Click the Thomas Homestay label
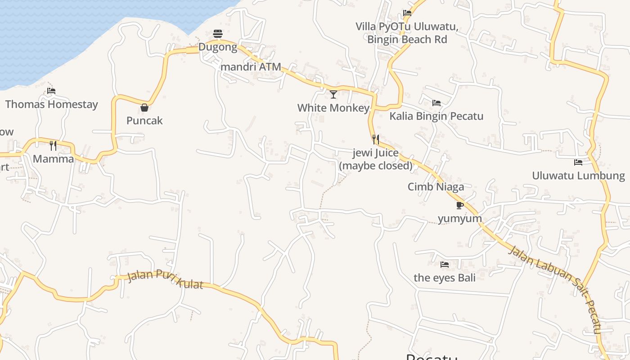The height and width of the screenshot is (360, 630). pyautogui.click(x=51, y=104)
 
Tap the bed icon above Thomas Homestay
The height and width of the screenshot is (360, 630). pyautogui.click(x=51, y=91)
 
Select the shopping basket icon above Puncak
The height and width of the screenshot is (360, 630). pyautogui.click(x=144, y=108)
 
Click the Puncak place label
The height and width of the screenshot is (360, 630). pyautogui.click(x=144, y=121)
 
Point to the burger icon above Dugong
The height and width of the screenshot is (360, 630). pyautogui.click(x=218, y=34)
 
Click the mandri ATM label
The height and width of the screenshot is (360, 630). pyautogui.click(x=251, y=67)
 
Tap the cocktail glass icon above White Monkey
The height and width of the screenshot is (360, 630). pyautogui.click(x=333, y=94)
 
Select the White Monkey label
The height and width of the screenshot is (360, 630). pyautogui.click(x=333, y=108)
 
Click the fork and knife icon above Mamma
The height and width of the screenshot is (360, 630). pyautogui.click(x=53, y=145)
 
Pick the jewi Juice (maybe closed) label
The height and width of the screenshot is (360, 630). pyautogui.click(x=376, y=159)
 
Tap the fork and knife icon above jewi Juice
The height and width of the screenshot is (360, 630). pyautogui.click(x=376, y=139)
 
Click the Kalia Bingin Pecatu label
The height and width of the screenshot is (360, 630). pyautogui.click(x=436, y=116)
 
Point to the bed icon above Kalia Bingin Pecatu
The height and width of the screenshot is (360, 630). pyautogui.click(x=436, y=103)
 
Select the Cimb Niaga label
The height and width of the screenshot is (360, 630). pyautogui.click(x=436, y=187)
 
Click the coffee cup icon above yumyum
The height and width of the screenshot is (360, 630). pyautogui.click(x=459, y=205)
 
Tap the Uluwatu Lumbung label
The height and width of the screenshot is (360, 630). pyautogui.click(x=578, y=175)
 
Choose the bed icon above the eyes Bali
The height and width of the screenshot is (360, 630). pyautogui.click(x=445, y=264)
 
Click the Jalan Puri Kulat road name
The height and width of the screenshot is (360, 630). pyautogui.click(x=165, y=279)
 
